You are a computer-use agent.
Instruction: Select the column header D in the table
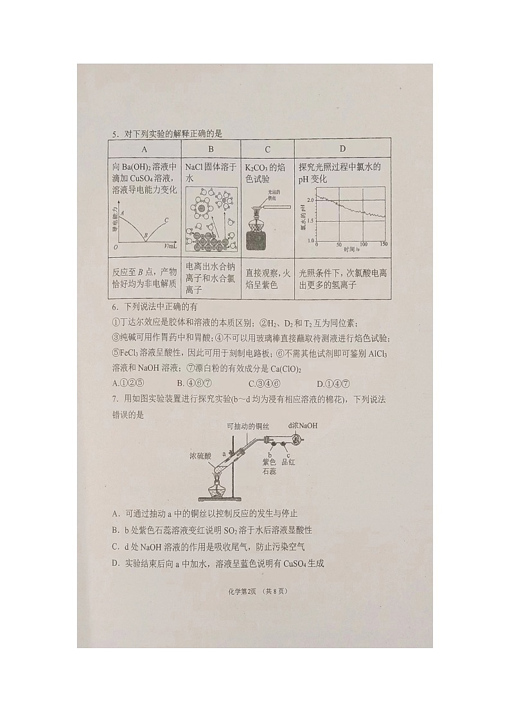(x=342, y=150)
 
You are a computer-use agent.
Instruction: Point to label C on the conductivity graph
(x=166, y=220)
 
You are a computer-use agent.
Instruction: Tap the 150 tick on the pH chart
(x=384, y=244)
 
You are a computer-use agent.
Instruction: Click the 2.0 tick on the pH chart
(x=311, y=200)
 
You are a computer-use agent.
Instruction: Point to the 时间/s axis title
(x=351, y=249)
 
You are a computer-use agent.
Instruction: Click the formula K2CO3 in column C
(x=256, y=167)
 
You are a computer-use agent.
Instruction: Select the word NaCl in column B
(x=195, y=167)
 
